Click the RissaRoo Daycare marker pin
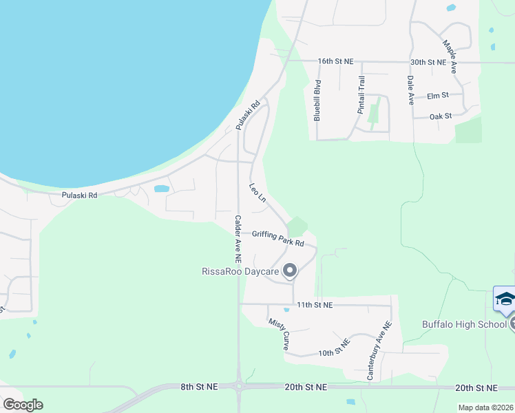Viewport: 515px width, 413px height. [290, 271]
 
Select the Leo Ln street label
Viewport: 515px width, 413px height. [257, 193]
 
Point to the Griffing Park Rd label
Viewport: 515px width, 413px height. [277, 238]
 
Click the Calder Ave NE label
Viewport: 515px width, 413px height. [238, 240]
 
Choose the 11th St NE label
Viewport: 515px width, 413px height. [315, 304]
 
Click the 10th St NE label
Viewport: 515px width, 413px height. [335, 348]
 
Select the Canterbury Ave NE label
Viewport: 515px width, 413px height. [379, 351]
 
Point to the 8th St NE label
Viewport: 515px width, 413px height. [199, 387]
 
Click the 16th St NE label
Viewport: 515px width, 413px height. [335, 61]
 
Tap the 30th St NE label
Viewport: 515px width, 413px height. [429, 61]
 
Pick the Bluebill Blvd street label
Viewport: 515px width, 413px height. [317, 100]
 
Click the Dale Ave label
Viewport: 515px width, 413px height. [410, 89]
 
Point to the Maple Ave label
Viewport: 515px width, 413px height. [450, 56]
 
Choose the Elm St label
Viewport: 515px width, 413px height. [438, 95]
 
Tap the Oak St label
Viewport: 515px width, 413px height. [440, 116]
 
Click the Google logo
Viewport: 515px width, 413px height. [23, 404]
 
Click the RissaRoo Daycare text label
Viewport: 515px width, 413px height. [240, 272]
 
